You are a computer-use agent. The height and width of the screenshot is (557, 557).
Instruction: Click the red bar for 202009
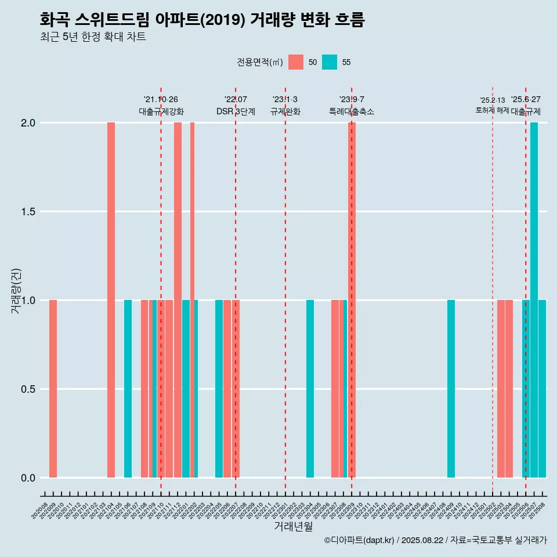(53, 389)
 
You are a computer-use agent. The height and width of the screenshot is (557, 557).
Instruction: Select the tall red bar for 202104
(111, 300)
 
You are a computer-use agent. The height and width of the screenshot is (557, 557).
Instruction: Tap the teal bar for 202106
(128, 389)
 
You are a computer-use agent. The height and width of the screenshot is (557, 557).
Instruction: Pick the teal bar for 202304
(310, 389)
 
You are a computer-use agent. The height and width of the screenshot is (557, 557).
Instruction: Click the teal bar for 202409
(451, 389)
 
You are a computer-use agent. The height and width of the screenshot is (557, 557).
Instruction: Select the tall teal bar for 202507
(534, 300)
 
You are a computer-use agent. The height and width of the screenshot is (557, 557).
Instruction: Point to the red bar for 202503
(501, 389)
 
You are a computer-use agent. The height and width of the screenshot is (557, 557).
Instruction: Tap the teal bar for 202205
(219, 389)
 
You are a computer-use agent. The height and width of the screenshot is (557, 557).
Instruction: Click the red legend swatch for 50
(296, 62)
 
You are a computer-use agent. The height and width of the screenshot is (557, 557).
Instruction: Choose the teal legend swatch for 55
(330, 62)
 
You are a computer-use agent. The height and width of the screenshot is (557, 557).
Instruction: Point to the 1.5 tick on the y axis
(27, 212)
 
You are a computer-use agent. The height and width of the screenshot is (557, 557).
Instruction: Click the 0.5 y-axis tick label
(27, 389)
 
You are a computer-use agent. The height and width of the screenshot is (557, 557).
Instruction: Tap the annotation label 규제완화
(285, 111)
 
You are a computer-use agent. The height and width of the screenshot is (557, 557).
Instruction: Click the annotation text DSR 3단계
(236, 111)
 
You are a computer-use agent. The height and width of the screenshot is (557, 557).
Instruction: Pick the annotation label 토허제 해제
(492, 110)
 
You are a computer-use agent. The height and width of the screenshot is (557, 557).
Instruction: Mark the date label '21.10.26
(161, 100)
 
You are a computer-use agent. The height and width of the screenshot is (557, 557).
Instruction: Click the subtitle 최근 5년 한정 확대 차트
(93, 37)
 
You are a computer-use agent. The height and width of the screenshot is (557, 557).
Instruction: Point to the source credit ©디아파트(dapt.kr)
(360, 540)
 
